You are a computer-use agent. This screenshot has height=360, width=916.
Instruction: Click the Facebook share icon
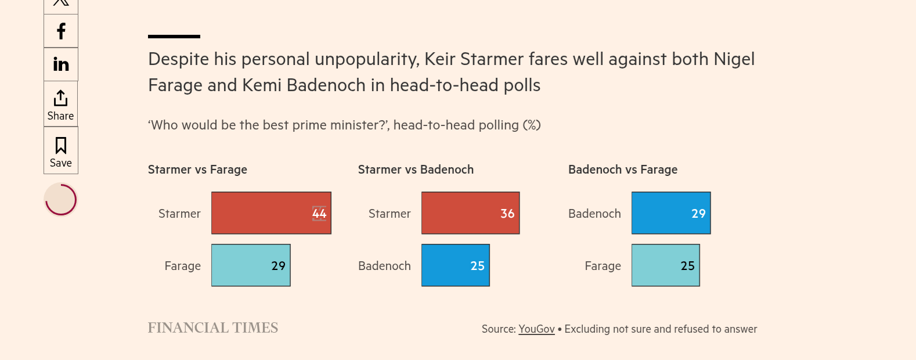point(61,31)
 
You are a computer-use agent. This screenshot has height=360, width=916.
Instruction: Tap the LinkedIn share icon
point(61,64)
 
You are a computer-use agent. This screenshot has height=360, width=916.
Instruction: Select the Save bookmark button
point(61,151)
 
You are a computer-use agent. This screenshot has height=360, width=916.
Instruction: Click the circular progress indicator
point(61,200)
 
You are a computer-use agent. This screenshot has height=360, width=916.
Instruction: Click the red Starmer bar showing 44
point(271,213)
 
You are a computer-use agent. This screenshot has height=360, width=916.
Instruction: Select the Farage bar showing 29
point(251,265)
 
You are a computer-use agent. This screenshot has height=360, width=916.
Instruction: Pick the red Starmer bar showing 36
point(470,213)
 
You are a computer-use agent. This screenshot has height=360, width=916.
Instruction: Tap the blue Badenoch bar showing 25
point(455,265)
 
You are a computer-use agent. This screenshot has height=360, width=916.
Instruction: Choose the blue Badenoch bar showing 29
point(671,213)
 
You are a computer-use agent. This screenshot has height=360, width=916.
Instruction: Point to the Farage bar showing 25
point(665,265)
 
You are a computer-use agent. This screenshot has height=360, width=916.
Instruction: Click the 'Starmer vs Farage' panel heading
point(197,170)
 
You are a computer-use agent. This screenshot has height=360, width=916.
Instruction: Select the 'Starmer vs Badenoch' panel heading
point(416,170)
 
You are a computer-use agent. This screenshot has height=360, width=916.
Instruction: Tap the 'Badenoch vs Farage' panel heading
point(623,170)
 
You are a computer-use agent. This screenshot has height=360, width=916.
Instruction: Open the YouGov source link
point(536,329)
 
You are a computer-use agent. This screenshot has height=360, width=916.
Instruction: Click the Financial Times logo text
point(213,328)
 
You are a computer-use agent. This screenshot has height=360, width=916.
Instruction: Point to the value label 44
point(319,214)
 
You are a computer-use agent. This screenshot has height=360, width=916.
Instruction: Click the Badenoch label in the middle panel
point(384,266)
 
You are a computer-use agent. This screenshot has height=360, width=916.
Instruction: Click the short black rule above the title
point(174,37)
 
